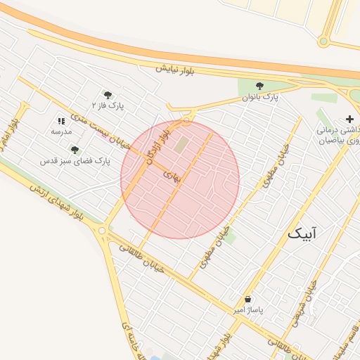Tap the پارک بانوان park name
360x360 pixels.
coord(261,97)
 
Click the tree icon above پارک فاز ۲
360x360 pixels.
coord(108,94)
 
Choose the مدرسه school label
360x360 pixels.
coord(61,131)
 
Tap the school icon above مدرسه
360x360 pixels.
coord(61,121)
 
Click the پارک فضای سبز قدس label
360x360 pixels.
coord(75,161)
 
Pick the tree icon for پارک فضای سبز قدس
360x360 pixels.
coord(75,150)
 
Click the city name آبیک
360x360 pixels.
coord(303,233)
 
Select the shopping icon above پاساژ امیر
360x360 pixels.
coord(247,299)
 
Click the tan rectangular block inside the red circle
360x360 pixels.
coord(181,145)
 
